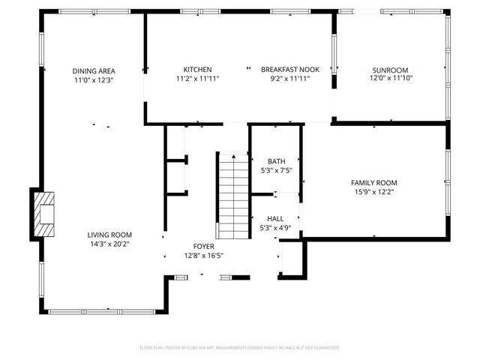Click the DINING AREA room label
[x=93, y=70]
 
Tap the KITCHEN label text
[x=197, y=69]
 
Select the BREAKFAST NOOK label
[x=289, y=69]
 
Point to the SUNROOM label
[x=391, y=68]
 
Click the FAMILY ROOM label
[x=374, y=182]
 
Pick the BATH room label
[x=276, y=161]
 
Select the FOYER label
[x=204, y=246]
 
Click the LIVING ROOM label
[x=109, y=234]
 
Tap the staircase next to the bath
[x=233, y=195]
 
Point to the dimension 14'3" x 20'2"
[x=109, y=243]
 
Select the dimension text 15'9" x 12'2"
[x=374, y=192]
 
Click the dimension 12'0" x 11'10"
[x=391, y=77]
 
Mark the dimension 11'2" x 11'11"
[x=197, y=78]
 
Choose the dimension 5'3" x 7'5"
[x=276, y=170]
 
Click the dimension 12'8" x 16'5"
[x=204, y=255]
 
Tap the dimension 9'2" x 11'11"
[x=289, y=78]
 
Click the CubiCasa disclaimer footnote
[x=240, y=348]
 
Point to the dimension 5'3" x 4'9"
[x=275, y=228]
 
